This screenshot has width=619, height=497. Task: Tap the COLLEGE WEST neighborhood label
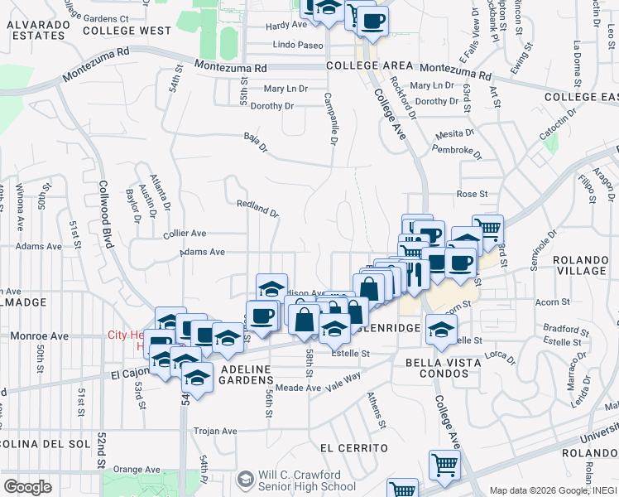pyautogui.click(x=127, y=31)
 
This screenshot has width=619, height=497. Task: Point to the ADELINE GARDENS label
pyautogui.click(x=246, y=368)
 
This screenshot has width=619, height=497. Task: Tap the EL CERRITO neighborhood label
pyautogui.click(x=353, y=448)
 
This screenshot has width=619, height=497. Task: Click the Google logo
pyautogui.click(x=26, y=487)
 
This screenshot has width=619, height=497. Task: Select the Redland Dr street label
pyautogui.click(x=257, y=208)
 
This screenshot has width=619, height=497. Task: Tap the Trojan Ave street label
pyautogui.click(x=215, y=432)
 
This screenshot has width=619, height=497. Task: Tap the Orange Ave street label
pyautogui.click(x=136, y=469)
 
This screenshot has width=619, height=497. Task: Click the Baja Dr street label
pyautogui.click(x=256, y=143)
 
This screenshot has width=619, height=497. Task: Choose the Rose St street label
pyautogui.click(x=471, y=194)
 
